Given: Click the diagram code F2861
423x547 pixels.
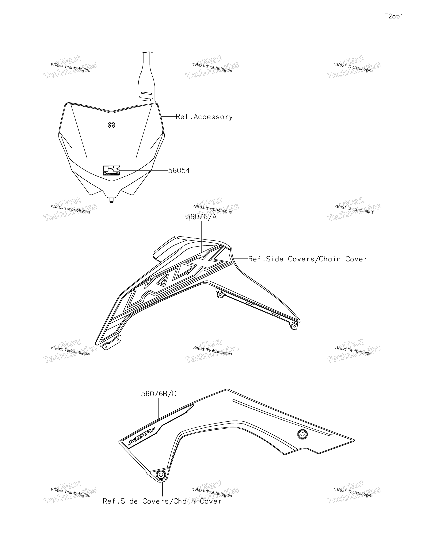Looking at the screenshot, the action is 394,16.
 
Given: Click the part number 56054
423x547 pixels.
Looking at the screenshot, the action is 179,171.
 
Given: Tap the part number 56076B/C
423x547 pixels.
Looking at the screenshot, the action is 158,394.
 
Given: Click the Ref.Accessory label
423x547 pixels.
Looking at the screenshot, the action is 204,117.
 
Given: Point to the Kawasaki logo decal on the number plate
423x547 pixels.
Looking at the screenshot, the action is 111,170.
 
